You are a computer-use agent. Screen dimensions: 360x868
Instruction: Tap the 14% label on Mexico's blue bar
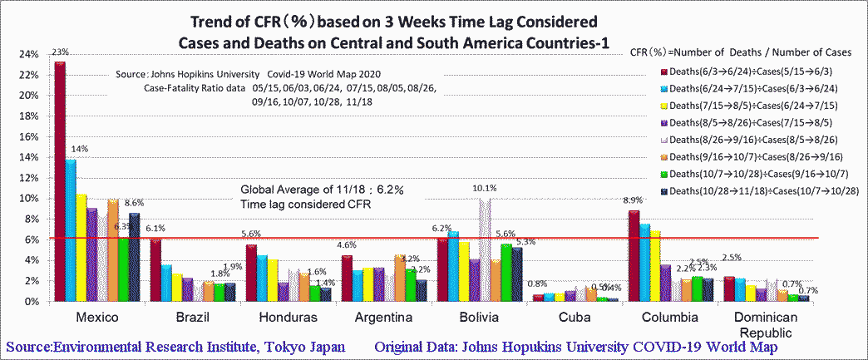click(x=80, y=149)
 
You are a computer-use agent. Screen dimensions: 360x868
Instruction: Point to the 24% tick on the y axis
click(x=28, y=54)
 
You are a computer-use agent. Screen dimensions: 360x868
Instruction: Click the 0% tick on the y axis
click(x=32, y=302)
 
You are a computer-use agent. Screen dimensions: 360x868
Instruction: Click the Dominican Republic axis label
click(x=765, y=325)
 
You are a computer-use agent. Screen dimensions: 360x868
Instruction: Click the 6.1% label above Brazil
click(x=155, y=228)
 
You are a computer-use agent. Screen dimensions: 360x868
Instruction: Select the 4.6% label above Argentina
click(x=345, y=245)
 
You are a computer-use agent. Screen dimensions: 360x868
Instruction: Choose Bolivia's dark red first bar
click(x=441, y=270)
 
